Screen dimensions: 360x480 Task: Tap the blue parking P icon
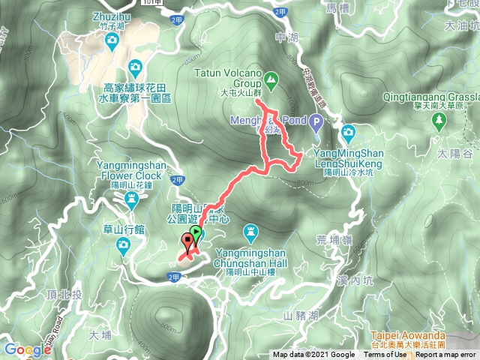pos(316,120)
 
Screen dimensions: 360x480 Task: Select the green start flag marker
pos(196,234)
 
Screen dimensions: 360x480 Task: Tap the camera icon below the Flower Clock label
pos(132,198)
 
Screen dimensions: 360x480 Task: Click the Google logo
pos(26,349)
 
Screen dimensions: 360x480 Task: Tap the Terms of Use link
pos(385,355)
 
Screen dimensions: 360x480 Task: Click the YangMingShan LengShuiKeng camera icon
pos(348,133)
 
